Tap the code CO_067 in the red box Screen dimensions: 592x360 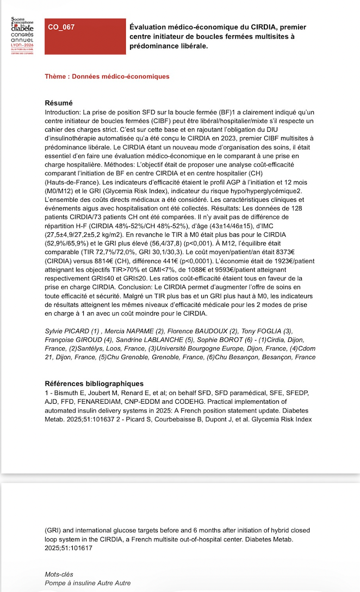[61, 27]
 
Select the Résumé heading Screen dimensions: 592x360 [59, 103]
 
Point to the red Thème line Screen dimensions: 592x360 [107, 77]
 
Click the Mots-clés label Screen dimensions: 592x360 [59, 574]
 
